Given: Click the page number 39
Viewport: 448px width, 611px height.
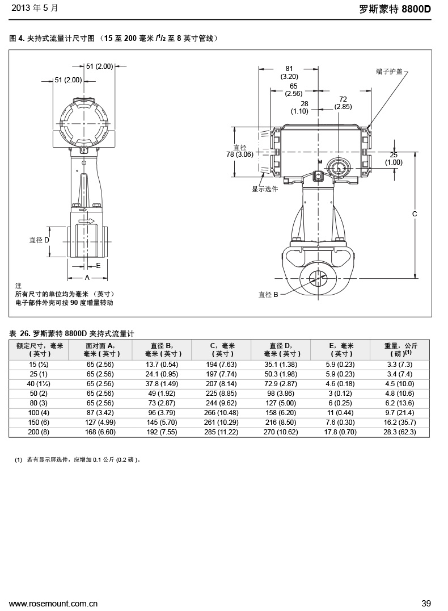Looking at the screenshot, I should coord(426,603).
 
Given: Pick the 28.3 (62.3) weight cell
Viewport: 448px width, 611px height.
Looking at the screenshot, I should coord(400,432).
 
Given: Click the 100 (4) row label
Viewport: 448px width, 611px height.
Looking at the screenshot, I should coord(39,412).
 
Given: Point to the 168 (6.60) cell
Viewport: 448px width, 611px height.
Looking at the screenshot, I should coord(100,432).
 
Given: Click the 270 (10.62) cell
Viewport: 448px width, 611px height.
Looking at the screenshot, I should coord(281,432).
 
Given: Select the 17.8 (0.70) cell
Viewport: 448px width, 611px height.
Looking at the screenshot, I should coord(341,432).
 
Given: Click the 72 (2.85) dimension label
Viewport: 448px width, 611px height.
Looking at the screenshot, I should coord(343,103).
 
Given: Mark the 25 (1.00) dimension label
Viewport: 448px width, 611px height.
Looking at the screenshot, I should coord(394,158).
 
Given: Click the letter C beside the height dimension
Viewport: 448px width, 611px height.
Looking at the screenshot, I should coord(415,214).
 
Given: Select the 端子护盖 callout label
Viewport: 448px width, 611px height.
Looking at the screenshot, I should coord(389,72).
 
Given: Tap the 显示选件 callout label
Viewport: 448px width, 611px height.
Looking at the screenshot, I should coord(265,189).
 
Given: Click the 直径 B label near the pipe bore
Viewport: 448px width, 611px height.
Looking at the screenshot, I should coord(268,295).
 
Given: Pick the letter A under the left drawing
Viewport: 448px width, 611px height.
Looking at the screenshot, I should coord(87,278).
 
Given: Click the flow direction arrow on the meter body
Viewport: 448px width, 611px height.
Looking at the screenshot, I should coord(87,220).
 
